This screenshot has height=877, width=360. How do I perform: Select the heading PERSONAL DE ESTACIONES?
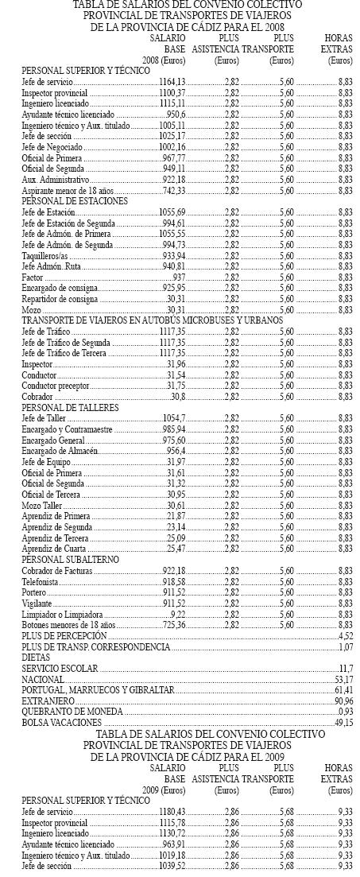click(75, 202)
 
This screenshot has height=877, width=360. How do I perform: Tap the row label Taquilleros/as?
click(45, 255)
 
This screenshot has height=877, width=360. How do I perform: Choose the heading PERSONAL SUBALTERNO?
click(72, 560)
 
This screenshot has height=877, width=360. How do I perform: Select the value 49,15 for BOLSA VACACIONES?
click(344, 722)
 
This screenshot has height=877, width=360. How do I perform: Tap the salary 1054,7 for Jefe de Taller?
click(173, 417)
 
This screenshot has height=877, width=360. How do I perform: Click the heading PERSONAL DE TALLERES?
click(71, 406)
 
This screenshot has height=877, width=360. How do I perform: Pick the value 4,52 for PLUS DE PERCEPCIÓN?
click(346, 636)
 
